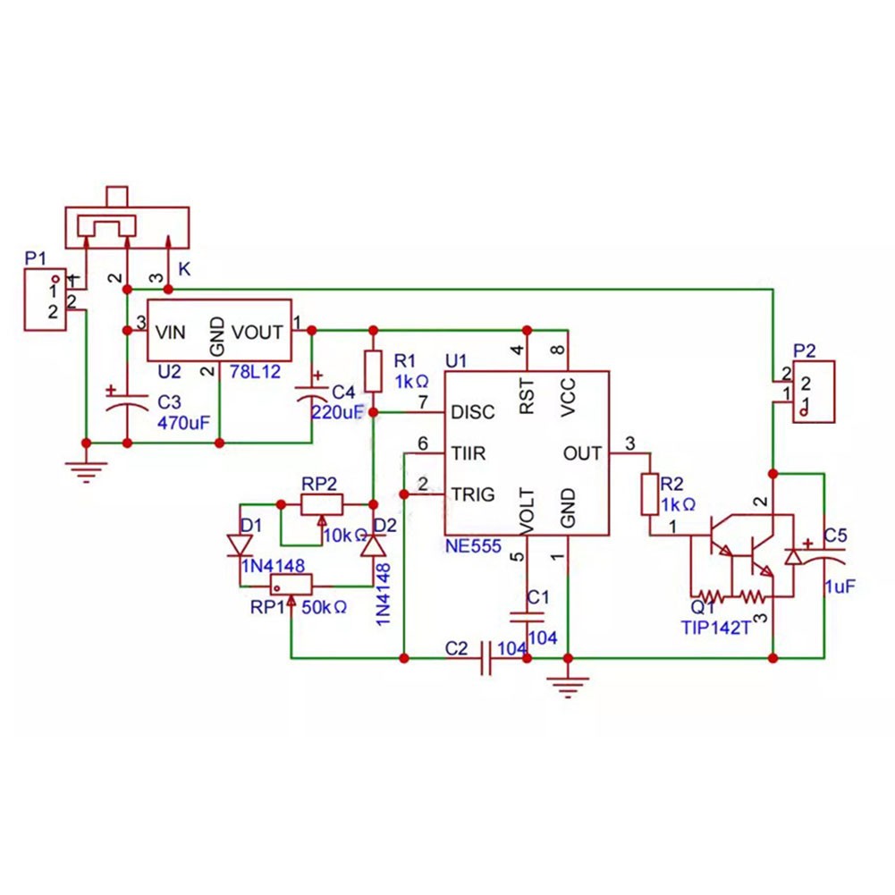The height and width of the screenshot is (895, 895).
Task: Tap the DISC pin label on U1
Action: pos(474,413)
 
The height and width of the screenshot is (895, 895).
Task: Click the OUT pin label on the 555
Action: pos(582,453)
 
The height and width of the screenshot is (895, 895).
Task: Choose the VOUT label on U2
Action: pos(258,333)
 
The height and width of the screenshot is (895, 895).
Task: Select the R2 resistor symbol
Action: pos(650,494)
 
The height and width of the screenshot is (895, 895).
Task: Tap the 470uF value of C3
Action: pos(182,421)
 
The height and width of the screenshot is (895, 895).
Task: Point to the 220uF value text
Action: pos(336,412)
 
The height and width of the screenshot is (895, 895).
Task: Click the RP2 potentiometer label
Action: pos(318,484)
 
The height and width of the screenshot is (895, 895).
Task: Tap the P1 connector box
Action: pos(46,300)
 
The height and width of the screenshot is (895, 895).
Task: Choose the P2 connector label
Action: pos(805,350)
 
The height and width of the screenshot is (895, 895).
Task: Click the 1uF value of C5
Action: pos(840,587)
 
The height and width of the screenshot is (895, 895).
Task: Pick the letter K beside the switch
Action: pos(183,268)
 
